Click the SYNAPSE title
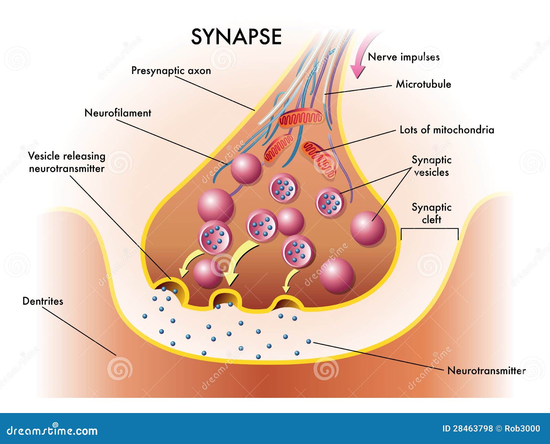pos(236,37)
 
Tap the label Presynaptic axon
pos(171,71)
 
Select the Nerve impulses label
pos(404,57)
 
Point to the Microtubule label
pos(423,84)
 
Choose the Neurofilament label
pos(118,113)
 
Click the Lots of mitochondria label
pos(447,130)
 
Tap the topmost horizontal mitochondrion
pos(300,119)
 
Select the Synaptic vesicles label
pos(431,166)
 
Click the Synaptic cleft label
pos(431,213)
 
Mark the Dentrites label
pos(43,301)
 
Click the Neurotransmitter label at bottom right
pos(486,371)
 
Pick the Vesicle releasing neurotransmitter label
pos(66,162)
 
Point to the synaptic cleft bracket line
pos(429,229)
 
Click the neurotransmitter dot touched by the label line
pos(309,341)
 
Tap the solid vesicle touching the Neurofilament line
pos(245,169)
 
